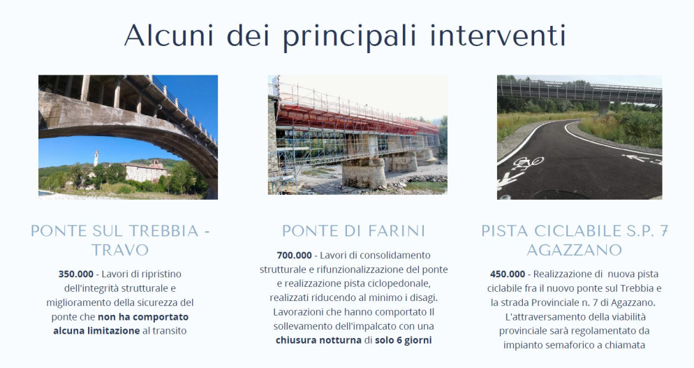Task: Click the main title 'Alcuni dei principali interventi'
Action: [x=345, y=36]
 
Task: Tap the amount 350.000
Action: [x=75, y=274]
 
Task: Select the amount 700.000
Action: [x=295, y=256]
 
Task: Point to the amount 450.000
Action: [x=508, y=274]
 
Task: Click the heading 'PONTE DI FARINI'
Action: [x=353, y=231]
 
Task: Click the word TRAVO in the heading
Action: [x=120, y=250]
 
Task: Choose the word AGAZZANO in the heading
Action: [x=575, y=250]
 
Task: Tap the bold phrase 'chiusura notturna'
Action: [x=318, y=341]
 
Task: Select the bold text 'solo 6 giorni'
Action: [x=404, y=341]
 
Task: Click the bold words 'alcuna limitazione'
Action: [x=96, y=331]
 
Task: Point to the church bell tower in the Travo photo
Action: [x=96, y=159]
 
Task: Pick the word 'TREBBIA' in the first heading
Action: [x=164, y=231]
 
